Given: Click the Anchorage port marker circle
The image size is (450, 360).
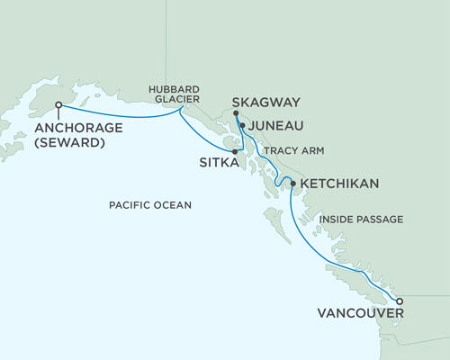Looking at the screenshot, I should point(58,105).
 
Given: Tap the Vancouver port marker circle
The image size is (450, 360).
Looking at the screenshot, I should point(400,301).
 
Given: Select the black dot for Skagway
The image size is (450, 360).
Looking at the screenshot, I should point(236,113).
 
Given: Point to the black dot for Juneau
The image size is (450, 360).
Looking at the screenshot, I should point(241,127).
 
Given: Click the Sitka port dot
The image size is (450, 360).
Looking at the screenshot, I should point(234,152).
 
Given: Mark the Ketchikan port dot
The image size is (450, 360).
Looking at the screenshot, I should point(292,184).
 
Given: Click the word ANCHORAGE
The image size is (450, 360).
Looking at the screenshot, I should point(74,128).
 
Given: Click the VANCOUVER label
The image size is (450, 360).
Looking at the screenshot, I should point(360,313).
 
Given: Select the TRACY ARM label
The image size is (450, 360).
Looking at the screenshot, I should point(294,151).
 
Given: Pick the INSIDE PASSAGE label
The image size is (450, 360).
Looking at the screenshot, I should point(360,219).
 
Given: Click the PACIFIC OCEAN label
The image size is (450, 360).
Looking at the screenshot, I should point(150,205).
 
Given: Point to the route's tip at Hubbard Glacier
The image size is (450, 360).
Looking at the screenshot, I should point(181,110).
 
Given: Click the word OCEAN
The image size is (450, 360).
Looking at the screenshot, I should point(174,205).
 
